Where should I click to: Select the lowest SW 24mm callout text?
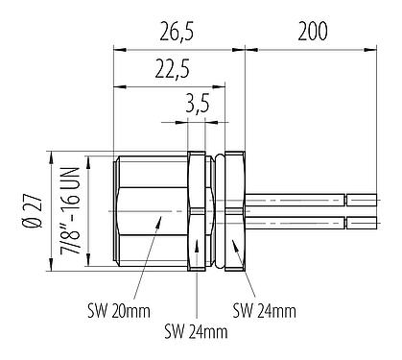tap(196, 333)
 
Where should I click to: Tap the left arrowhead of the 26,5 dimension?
tap(118, 46)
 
